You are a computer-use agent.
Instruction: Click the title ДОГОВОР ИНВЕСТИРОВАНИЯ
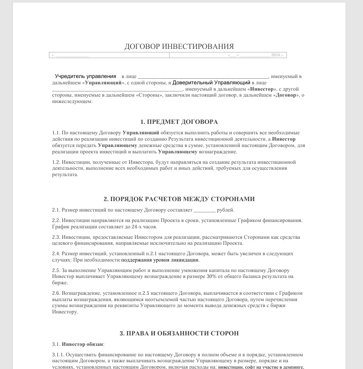tap(179, 47)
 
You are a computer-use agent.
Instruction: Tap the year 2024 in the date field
tap(276, 55)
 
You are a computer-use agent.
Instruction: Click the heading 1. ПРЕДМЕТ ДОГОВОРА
tap(179, 122)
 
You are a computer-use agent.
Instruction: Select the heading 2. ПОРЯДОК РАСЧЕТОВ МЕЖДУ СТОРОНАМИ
tap(179, 199)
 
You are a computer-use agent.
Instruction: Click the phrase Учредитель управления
tap(85, 76)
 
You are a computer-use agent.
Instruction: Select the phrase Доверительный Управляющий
tap(211, 82)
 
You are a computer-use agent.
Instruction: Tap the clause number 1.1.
tap(56, 133)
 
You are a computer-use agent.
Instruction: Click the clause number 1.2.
tap(56, 162)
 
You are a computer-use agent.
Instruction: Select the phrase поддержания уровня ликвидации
tap(160, 260)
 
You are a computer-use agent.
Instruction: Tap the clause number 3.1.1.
tap(58, 355)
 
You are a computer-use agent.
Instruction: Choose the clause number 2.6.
tap(56, 293)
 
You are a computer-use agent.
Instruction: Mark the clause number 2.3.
tap(56, 237)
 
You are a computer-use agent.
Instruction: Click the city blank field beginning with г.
tap(71, 55)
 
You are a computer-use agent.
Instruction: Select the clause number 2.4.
tap(56, 254)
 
